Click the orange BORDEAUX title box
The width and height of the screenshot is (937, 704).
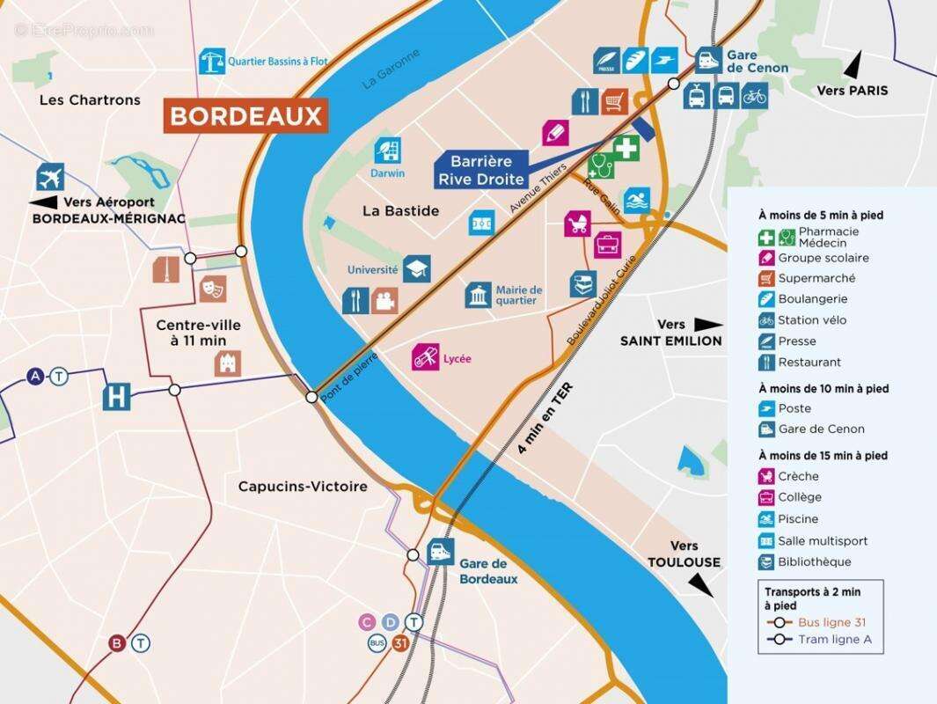pos(245,116)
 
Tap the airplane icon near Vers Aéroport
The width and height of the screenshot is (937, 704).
pos(50,177)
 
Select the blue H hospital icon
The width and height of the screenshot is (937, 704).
pos(116,397)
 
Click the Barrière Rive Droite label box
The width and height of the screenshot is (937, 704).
pos(480,170)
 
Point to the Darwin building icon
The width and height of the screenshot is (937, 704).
pos(388,150)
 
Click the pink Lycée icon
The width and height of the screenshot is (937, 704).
pos(426,357)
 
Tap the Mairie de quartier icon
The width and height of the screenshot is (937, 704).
pos(479,296)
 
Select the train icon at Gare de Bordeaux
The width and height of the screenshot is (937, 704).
pos(441,553)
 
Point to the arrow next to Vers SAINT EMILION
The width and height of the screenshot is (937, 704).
pos(708,324)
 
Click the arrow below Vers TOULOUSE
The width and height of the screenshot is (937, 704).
pos(701,584)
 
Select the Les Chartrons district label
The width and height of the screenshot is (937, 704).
pos(90,100)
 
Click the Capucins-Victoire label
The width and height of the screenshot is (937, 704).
pos(302,486)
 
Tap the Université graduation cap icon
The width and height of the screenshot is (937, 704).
pos(416,269)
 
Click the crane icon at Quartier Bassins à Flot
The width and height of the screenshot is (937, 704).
pos(212,62)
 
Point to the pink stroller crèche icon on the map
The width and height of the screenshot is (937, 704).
pos(577,223)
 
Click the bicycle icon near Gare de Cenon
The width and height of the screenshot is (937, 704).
pos(754,95)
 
